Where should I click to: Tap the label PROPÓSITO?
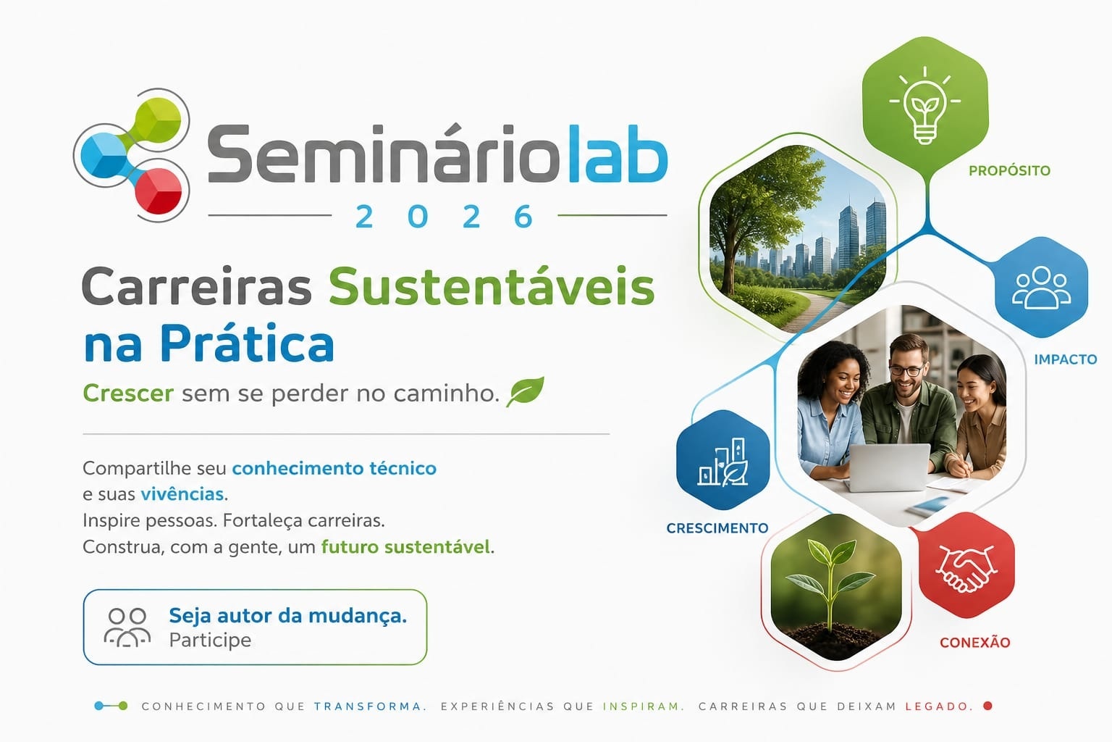1009,171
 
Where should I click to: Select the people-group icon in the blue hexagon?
1042,288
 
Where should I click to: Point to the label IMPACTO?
1066,359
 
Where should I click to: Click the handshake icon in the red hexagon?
966,569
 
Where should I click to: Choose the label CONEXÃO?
975,643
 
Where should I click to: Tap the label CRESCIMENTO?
717,528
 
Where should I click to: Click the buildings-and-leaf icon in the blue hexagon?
723,462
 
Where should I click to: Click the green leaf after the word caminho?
525,391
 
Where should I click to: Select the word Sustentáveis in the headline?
492,287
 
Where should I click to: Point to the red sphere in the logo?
159,191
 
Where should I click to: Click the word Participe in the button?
210,640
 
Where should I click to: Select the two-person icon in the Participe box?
127,628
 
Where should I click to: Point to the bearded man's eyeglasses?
907,370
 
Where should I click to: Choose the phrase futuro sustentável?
405,547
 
